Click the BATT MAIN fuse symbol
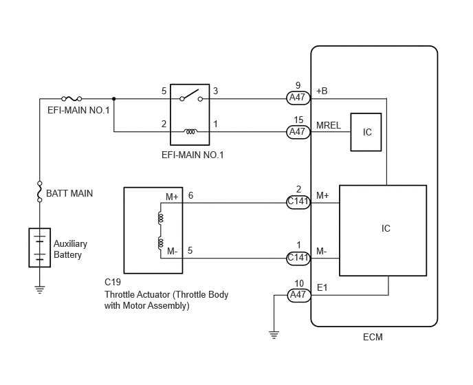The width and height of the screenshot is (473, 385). [39, 192]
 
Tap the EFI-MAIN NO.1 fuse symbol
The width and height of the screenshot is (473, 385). [71, 99]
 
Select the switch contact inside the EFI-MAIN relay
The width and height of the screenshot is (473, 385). [191, 95]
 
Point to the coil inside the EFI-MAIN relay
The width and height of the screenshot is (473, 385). [190, 131]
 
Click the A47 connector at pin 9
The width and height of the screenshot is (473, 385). [298, 98]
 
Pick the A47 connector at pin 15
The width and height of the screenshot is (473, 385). [298, 132]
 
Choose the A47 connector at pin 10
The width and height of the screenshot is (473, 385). [298, 295]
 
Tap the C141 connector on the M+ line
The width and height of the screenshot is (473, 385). [298, 202]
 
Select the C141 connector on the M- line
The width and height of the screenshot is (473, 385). [298, 258]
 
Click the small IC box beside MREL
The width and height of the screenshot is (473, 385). [366, 132]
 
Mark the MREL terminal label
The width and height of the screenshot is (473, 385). [329, 125]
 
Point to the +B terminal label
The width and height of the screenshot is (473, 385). [322, 91]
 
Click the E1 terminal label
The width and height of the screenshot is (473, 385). [322, 287]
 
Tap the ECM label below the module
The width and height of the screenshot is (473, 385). [373, 337]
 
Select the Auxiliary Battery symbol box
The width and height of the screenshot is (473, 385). [39, 247]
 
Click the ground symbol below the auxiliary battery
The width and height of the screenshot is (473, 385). [39, 289]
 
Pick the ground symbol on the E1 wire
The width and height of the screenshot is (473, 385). [274, 335]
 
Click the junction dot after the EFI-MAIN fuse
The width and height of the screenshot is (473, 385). [113, 99]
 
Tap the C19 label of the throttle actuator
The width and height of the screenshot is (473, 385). [113, 282]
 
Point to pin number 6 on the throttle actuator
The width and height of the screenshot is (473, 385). [190, 195]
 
